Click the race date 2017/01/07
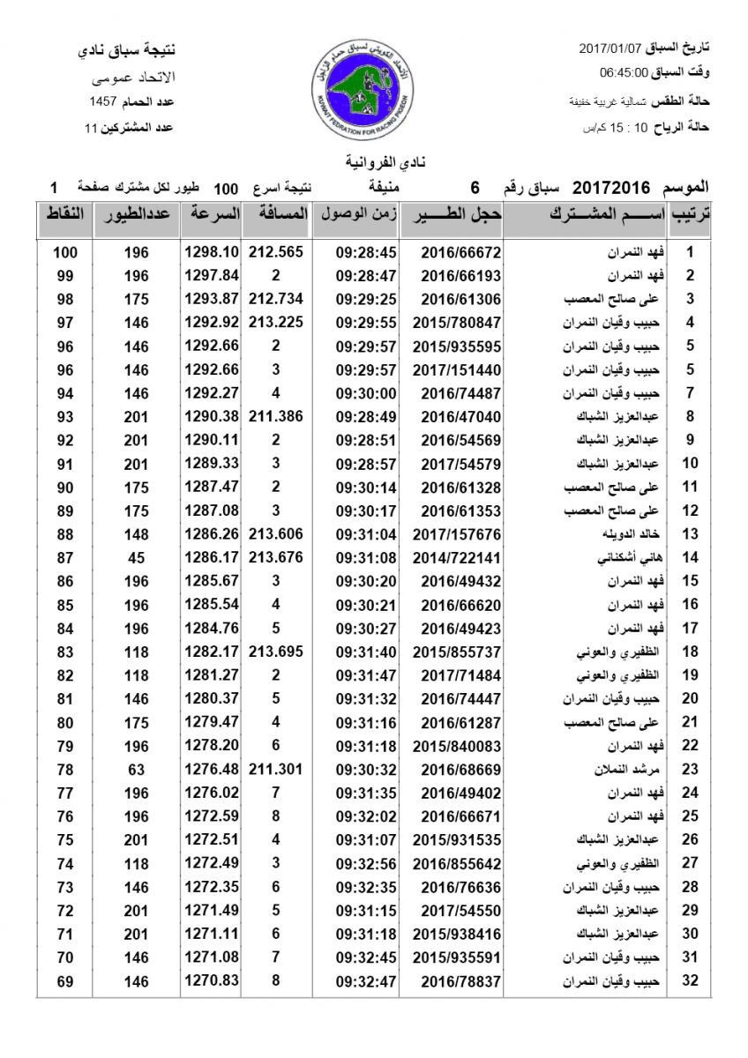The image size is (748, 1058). (610, 47)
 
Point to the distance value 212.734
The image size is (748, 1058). (276, 299)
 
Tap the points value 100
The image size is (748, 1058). (65, 252)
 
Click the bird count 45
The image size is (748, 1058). (137, 558)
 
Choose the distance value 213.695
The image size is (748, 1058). (276, 652)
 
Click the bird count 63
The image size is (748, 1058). (137, 770)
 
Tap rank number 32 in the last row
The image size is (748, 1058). (691, 981)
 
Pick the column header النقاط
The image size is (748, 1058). (64, 215)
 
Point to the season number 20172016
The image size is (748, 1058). (612, 188)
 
